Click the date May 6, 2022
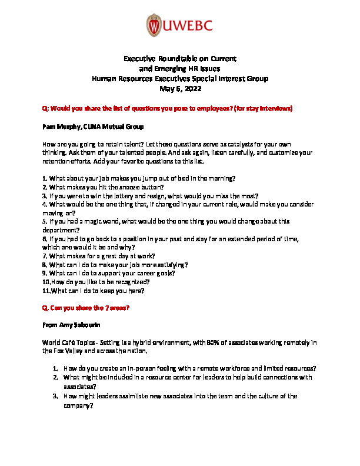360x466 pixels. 181,89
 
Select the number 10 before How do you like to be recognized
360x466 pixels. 46,281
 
